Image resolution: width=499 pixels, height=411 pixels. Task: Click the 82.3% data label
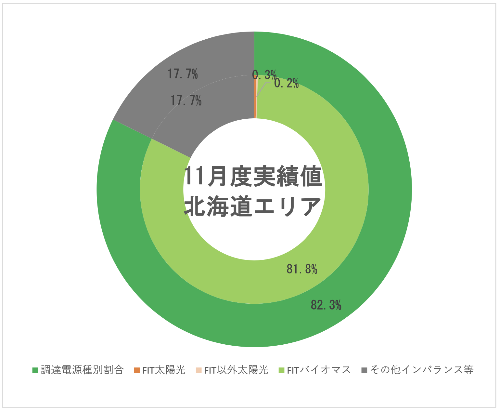coord(326,305)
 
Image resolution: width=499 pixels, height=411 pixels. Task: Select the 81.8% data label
coord(302,269)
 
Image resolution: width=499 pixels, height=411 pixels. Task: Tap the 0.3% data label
coord(264,75)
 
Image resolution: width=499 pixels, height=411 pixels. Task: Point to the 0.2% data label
coord(286,84)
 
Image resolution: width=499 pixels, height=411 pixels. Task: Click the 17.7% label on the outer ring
coord(183,74)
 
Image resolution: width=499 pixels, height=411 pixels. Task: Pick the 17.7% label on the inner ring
coord(186,100)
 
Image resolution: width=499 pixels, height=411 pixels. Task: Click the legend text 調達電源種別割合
coord(82,370)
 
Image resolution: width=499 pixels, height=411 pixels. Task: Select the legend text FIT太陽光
coord(164,370)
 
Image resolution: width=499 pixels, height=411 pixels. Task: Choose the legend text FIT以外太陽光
coord(236,370)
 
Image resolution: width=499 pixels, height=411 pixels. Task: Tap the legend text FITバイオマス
coord(319,370)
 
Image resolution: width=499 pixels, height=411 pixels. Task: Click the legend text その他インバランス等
coord(421,370)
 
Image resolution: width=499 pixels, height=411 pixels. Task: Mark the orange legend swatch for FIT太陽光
coord(136,370)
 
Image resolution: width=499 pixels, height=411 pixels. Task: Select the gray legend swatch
coord(364,370)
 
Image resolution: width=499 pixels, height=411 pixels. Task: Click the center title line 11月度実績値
coord(253,177)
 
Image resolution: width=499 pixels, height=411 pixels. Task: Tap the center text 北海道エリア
coord(253,207)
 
